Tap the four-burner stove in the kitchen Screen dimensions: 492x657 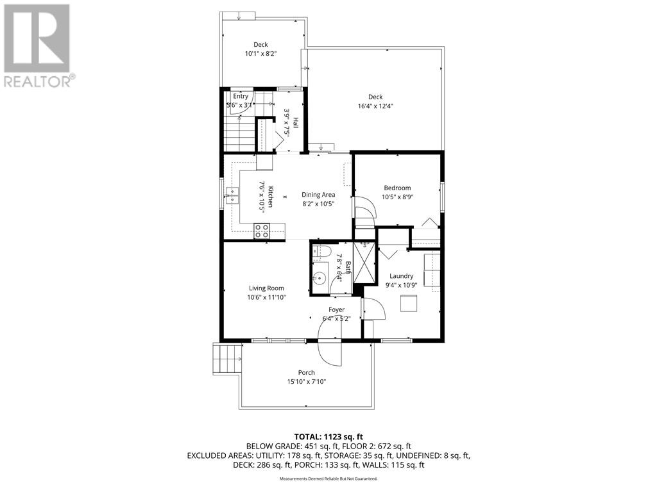(261, 231)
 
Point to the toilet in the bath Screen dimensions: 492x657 (322, 252)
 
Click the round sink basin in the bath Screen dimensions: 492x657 (320, 278)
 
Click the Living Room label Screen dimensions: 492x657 (266, 288)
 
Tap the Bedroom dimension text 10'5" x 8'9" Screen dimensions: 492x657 (397, 197)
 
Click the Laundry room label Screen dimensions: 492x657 (401, 276)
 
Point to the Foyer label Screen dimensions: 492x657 (337, 309)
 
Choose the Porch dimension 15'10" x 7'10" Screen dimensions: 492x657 (306, 382)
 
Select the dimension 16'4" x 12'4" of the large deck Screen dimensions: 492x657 (375, 106)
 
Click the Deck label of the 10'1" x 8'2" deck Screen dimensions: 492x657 (260, 45)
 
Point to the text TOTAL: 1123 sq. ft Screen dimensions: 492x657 (328, 436)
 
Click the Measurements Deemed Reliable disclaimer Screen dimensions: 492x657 (328, 479)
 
